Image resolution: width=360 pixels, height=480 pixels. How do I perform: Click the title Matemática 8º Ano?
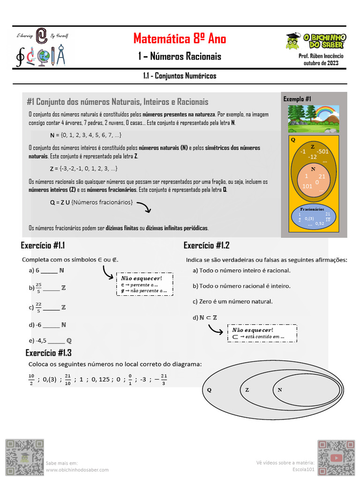(x=180, y=38)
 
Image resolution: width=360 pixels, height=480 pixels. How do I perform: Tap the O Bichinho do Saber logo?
(x=315, y=41)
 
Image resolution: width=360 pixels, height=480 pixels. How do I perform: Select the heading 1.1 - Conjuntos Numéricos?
(x=180, y=75)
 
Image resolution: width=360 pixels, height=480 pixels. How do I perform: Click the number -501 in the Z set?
(x=322, y=151)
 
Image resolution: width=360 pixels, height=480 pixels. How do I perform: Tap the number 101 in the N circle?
(x=307, y=186)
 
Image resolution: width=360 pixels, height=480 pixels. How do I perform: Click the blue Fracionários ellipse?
(x=313, y=217)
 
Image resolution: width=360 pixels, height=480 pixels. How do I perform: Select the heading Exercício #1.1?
(x=43, y=246)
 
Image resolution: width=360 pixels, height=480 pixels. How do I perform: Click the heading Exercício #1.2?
(x=206, y=246)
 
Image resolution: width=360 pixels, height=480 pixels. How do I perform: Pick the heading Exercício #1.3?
(x=48, y=353)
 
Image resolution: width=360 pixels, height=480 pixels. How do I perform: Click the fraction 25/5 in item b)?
(x=38, y=288)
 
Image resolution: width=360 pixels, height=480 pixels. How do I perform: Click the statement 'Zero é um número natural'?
(x=232, y=301)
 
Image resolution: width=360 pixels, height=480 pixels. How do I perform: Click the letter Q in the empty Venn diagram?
(x=209, y=390)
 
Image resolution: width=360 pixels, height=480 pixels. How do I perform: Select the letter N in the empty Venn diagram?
(x=279, y=390)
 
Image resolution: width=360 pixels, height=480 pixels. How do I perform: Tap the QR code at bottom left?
(x=24, y=457)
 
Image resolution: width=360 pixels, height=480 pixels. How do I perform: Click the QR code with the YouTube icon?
(x=336, y=457)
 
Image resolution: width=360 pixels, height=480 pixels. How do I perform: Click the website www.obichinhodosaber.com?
(x=77, y=470)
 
